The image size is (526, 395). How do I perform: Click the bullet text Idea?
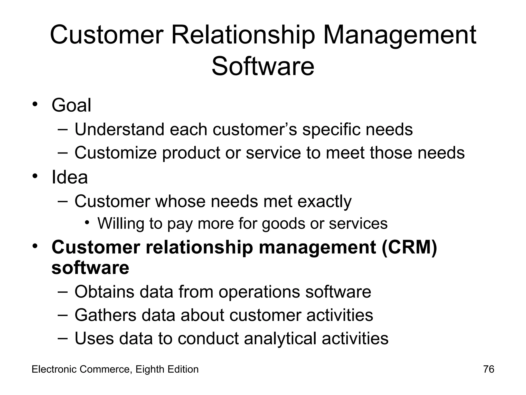[x=70, y=177]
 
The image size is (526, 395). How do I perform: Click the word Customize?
[x=116, y=153]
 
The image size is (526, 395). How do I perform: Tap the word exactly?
[x=324, y=202]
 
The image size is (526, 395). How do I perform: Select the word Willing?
[x=121, y=223]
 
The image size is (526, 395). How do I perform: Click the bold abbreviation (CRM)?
[x=409, y=247]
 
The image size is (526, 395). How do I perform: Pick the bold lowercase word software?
[x=90, y=268]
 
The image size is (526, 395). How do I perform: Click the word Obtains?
[x=104, y=292]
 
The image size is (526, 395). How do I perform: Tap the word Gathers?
[x=105, y=315]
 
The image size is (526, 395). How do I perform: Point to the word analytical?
[x=280, y=338]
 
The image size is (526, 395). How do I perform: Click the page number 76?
[x=489, y=369]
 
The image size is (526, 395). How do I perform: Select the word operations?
[x=259, y=292]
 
